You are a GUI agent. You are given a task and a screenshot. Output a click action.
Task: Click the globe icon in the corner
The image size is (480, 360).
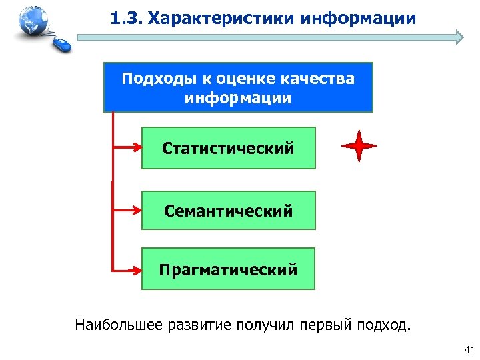pos(31,22)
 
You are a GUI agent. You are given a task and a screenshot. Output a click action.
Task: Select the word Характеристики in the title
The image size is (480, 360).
pos(221,17)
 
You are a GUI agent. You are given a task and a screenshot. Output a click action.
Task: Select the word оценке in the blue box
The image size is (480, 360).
pos(239,79)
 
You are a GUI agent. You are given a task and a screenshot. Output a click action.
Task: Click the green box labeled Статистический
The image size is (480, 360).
pos(228,148)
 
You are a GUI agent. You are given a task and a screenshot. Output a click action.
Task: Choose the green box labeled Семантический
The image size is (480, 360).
pos(228,211)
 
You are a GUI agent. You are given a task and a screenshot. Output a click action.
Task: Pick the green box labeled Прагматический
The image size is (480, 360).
pos(228,270)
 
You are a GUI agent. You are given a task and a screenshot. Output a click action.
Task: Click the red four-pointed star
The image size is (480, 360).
pos(359,146)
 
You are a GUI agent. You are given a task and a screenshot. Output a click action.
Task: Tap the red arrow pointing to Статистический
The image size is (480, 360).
pos(127,148)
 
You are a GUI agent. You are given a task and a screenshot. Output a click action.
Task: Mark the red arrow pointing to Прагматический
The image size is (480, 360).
pos(127,270)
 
